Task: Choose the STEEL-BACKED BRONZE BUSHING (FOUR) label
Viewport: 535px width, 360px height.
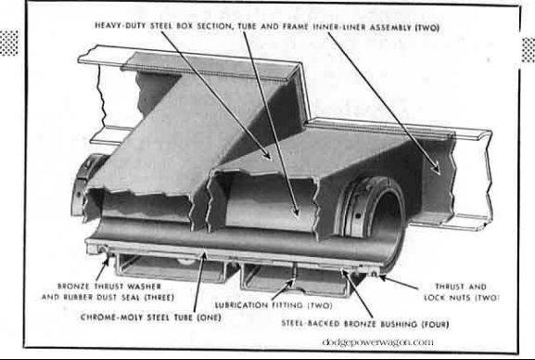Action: click(352, 323)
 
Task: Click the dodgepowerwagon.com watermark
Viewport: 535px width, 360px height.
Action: click(377, 342)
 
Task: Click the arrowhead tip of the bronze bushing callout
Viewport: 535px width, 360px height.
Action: click(346, 272)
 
